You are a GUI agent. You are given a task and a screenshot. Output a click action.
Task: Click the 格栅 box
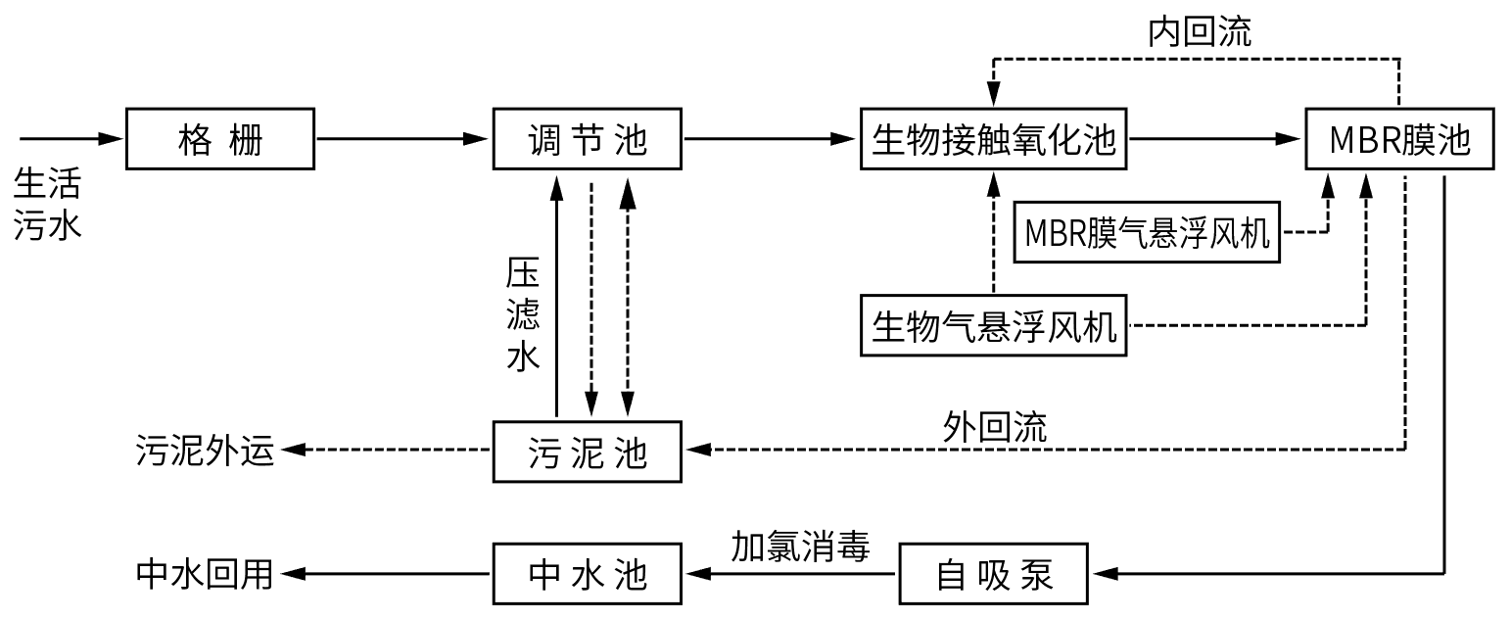click(x=220, y=140)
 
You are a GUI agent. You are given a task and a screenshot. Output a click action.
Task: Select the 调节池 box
click(x=587, y=140)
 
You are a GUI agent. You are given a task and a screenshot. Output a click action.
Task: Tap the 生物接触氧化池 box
click(x=993, y=140)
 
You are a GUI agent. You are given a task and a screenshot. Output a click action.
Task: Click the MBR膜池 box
click(x=1399, y=140)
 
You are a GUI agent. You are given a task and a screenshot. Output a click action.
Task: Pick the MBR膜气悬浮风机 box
click(x=1147, y=233)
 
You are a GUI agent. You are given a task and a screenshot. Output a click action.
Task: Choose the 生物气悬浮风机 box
click(x=993, y=325)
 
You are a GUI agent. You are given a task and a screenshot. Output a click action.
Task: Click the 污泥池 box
click(x=587, y=451)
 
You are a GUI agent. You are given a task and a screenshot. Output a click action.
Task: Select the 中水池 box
click(x=587, y=573)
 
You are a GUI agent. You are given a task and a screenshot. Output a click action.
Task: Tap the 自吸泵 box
click(x=993, y=573)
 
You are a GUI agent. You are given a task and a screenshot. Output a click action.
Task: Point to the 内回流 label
click(x=1199, y=31)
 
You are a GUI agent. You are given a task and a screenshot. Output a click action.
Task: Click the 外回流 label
click(x=995, y=426)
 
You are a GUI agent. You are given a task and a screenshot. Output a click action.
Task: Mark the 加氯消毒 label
click(x=800, y=546)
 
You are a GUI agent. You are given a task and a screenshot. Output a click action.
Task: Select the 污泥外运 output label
click(x=205, y=452)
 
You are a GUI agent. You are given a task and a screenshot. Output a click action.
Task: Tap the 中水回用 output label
click(x=205, y=573)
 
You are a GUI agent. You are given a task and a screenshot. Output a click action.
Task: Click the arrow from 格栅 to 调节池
click(x=402, y=140)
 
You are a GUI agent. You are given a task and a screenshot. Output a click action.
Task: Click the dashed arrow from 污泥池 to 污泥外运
click(x=387, y=451)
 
